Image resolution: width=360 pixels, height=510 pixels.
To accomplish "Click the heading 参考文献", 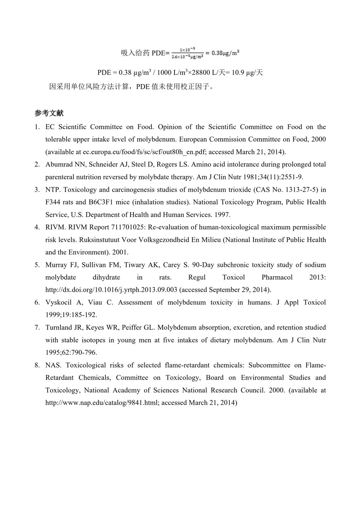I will (x=49, y=113).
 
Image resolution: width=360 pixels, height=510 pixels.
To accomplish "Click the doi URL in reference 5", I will (x=111, y=290).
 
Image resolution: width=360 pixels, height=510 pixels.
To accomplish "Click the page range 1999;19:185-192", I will (x=71, y=315).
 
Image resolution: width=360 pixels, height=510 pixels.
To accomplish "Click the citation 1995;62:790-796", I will (x=71, y=353).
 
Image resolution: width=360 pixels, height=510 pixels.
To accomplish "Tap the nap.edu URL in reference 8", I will (x=102, y=403).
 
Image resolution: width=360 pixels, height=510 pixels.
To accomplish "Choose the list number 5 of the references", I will (x=37, y=265).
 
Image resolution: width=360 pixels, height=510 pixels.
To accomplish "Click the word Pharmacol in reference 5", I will (x=277, y=277).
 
